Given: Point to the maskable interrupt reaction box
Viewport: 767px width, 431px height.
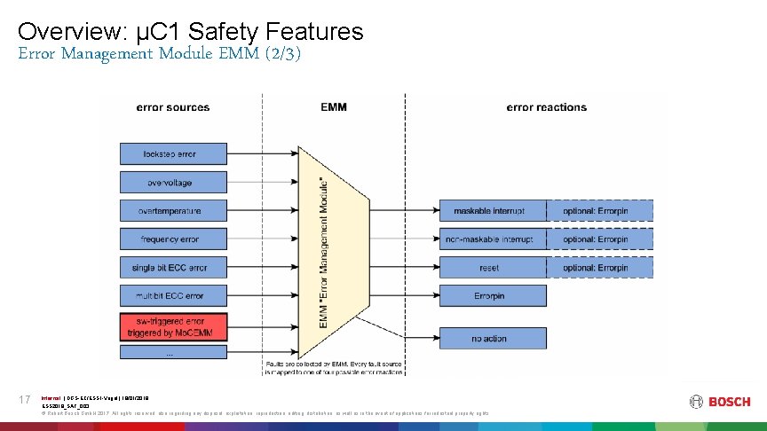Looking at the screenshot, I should point(489,211).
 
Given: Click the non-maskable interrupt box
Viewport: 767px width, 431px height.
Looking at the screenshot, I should point(489,239).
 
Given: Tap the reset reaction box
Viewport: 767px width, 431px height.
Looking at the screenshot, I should point(489,268).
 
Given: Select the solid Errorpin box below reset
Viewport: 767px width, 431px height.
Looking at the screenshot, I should point(489,295).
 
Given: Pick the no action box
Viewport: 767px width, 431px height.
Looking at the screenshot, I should point(489,338).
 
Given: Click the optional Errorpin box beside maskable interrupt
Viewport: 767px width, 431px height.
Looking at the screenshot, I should point(595,211).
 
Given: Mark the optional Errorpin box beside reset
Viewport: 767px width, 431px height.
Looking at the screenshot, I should point(595,268).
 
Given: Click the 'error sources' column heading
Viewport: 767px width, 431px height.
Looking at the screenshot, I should point(172,107).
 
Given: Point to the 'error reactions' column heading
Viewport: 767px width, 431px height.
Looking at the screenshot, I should point(546,107).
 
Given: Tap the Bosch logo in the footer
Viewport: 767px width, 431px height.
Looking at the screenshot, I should point(718,402).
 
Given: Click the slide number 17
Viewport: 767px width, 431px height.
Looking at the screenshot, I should point(25,401).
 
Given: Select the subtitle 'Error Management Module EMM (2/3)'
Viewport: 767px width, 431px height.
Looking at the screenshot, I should point(160,54).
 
